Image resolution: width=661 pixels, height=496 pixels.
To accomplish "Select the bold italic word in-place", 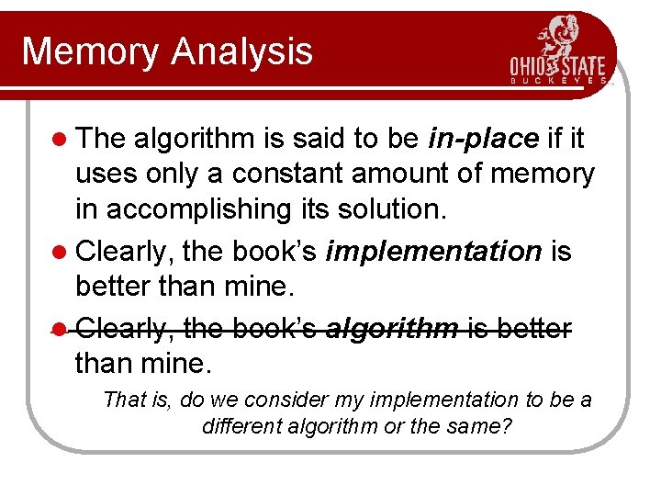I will click(x=483, y=139).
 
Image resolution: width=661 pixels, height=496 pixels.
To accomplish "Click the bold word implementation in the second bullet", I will click(x=433, y=251).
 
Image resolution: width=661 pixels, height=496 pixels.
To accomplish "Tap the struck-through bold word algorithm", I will click(x=391, y=328).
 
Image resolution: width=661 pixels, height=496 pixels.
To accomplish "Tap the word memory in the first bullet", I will click(x=543, y=174).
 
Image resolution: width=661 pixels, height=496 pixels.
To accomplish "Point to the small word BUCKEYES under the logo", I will click(x=558, y=81).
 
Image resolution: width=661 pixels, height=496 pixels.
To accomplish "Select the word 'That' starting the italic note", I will click(x=122, y=400).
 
